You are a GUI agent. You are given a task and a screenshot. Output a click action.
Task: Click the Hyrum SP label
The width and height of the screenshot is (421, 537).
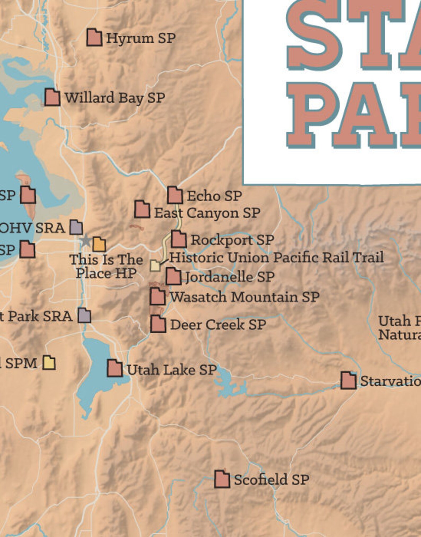(x=141, y=38)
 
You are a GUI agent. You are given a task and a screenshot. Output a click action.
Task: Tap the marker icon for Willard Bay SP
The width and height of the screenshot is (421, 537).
(x=52, y=98)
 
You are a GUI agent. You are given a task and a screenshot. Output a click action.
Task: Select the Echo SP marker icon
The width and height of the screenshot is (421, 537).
(x=175, y=195)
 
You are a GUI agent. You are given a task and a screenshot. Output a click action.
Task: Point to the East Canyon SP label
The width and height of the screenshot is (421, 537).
(x=207, y=213)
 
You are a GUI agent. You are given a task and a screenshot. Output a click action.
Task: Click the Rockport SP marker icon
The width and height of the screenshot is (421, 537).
(x=179, y=239)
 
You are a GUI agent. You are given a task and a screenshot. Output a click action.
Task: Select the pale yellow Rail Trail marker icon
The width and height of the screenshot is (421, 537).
(x=155, y=266)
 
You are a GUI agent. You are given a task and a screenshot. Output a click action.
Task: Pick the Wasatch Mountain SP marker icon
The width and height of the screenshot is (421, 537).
(x=157, y=296)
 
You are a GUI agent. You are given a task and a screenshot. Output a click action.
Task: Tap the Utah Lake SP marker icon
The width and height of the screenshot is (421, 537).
(x=115, y=368)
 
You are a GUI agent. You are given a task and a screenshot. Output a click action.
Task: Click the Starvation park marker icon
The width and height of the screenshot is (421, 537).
(x=348, y=381)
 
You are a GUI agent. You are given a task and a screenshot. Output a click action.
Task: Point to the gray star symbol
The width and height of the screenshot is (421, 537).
(x=85, y=241)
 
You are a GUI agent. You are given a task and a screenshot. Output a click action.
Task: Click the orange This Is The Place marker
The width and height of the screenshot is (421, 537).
(x=99, y=244)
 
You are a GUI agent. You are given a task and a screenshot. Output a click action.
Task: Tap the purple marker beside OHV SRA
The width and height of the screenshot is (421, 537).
(x=76, y=228)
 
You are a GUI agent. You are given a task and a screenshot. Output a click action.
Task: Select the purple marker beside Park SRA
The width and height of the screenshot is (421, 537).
(x=84, y=316)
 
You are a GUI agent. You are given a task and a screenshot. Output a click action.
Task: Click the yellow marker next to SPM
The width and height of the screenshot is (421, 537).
(x=49, y=363)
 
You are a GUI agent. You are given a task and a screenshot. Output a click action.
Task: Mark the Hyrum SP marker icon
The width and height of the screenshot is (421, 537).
(x=94, y=37)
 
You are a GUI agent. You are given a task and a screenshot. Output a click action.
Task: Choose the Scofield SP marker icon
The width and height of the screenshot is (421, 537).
(x=222, y=479)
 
